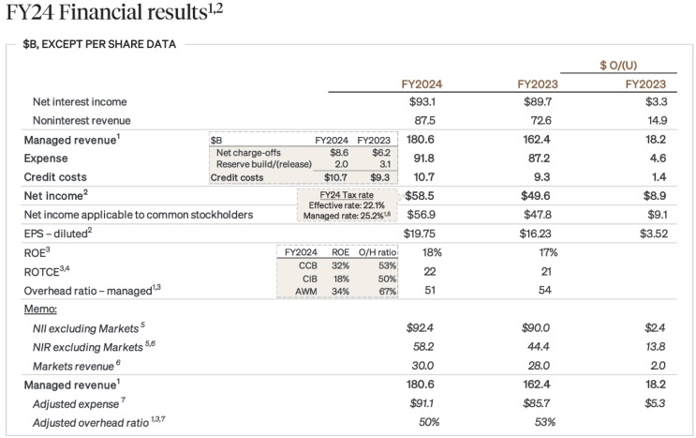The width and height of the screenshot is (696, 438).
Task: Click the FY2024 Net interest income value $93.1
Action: (x=422, y=101)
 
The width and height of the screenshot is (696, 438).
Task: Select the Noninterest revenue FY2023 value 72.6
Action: (x=538, y=120)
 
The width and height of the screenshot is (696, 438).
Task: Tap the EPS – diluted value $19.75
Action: (x=419, y=234)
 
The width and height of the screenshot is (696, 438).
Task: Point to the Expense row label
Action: (x=46, y=159)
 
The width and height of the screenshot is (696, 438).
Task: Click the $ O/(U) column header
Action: (x=618, y=66)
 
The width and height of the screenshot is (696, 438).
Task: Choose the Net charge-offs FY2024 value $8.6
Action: (x=339, y=153)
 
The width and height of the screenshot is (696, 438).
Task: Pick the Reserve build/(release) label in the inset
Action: (x=263, y=164)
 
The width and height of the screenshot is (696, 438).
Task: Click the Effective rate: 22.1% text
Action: (x=347, y=205)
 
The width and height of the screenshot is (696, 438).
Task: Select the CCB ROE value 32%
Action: (x=340, y=265)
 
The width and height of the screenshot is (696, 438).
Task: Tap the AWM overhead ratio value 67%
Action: (x=388, y=292)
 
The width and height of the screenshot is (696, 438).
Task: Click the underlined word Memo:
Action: (x=40, y=309)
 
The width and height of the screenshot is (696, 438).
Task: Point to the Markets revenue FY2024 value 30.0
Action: (x=422, y=366)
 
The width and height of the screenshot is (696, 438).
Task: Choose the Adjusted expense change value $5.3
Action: (x=655, y=403)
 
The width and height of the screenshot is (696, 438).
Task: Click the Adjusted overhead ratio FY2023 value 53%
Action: (x=544, y=422)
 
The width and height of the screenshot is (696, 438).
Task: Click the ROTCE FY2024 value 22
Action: (x=429, y=271)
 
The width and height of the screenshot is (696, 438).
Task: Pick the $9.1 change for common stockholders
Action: (x=657, y=215)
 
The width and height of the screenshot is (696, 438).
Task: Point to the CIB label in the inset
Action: (x=310, y=279)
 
